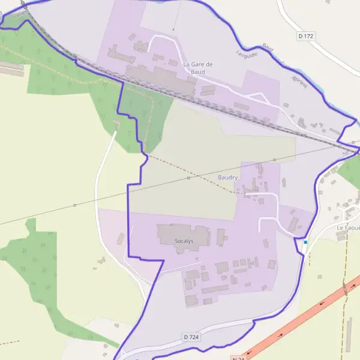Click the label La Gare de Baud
tap(198, 68)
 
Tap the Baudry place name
tap(228, 178)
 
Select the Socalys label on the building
tap(184, 241)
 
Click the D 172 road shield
tap(305, 36)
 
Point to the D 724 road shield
tap(191, 338)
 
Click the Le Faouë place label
tap(347, 227)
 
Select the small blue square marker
tap(305, 242)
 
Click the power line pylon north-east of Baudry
tap(274, 160)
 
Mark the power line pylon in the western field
tap(75, 205)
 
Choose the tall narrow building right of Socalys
tap(220, 236)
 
